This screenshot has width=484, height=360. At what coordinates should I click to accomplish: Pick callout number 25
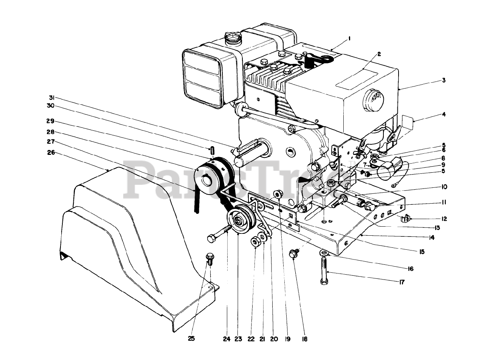pos(191,339)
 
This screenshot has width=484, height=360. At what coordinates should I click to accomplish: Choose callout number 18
pos(305,339)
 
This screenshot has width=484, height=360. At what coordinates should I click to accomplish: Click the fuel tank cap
pos(233,37)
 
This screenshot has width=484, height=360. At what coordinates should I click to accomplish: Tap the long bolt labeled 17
pos(324,269)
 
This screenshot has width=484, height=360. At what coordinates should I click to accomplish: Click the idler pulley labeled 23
pos(237,221)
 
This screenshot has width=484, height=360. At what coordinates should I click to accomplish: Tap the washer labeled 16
pos(323,252)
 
